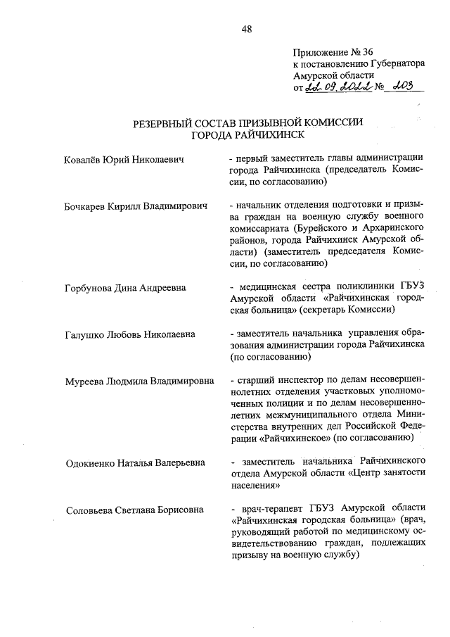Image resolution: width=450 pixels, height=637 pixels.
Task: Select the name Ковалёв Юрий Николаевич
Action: pyautogui.click(x=124, y=160)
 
